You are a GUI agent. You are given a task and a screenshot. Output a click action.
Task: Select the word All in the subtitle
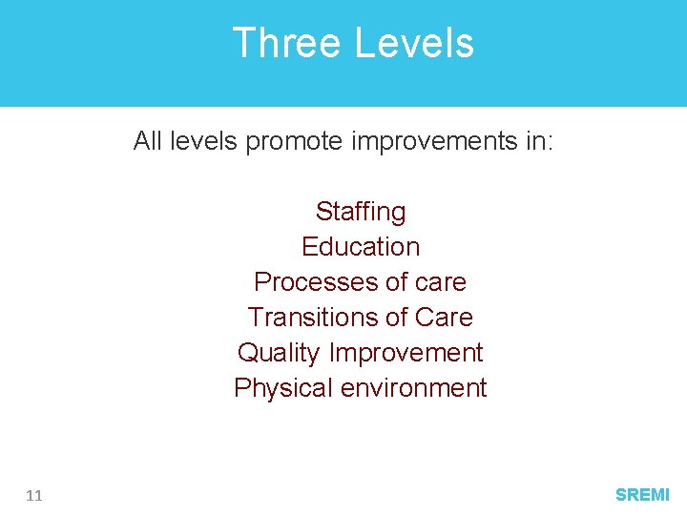[147, 141]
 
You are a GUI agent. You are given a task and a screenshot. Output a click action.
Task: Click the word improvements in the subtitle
[426, 141]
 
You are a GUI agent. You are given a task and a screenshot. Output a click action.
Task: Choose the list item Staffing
[361, 211]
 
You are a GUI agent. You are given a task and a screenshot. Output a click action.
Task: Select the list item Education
[361, 246]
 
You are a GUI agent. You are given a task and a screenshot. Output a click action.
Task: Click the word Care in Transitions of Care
[444, 317]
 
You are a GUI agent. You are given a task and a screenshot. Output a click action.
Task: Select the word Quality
[279, 353]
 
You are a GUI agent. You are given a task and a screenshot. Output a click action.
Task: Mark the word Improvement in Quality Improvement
[406, 353]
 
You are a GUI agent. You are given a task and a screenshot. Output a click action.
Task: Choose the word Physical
[278, 388]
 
